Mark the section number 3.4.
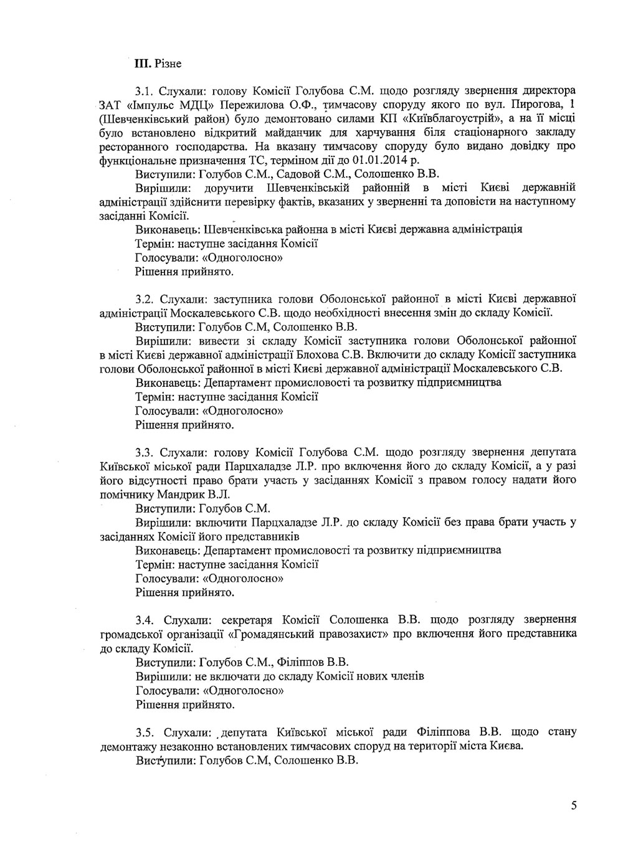tap(147, 620)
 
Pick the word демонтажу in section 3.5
tap(127, 746)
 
